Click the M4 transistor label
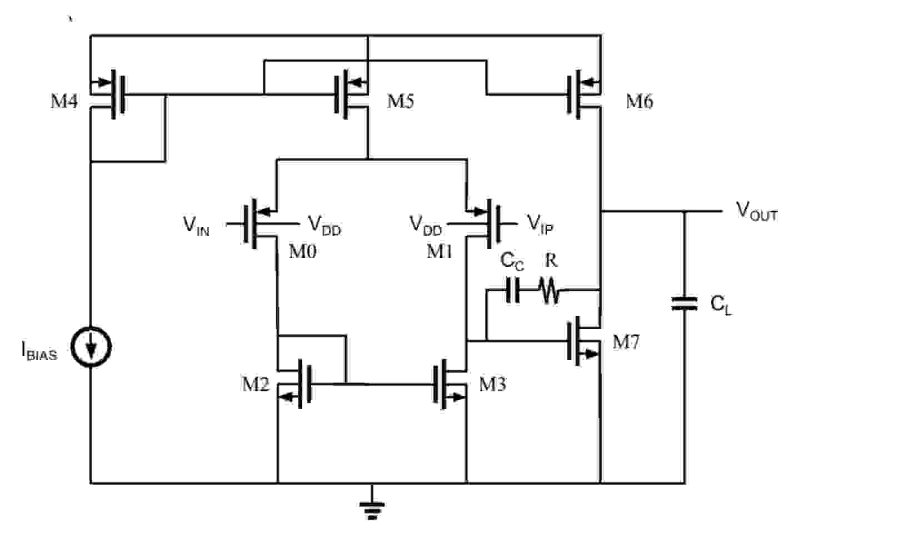tap(64, 101)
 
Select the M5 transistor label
tap(400, 101)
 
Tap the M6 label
tap(640, 101)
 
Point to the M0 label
tap(302, 252)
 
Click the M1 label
tap(439, 252)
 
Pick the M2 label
tap(255, 384)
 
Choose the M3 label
tap(492, 384)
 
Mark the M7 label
tap(626, 342)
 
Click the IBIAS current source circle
tap(91, 347)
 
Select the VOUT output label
tap(756, 212)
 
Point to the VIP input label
tap(540, 224)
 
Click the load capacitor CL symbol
tap(684, 304)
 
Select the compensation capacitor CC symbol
tap(513, 290)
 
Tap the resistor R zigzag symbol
tap(549, 291)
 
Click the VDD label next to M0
tap(325, 225)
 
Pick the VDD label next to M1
tap(426, 225)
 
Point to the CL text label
tap(721, 305)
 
